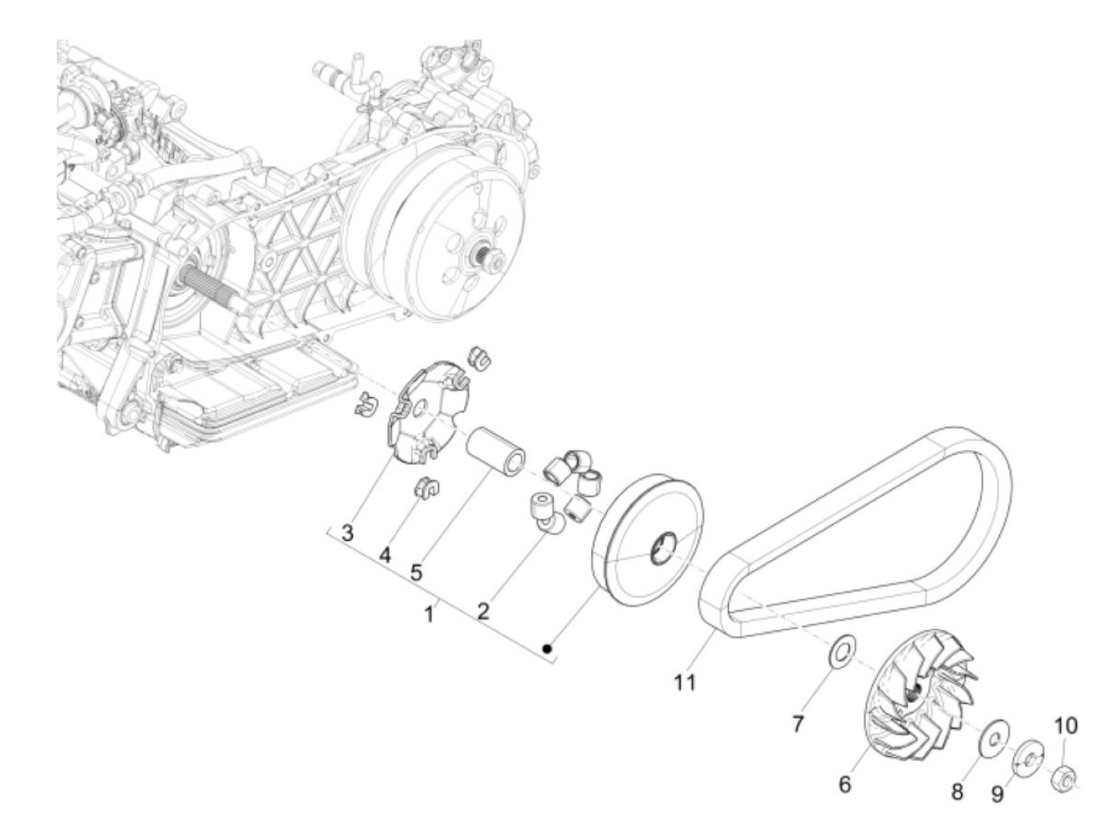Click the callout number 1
tap(429, 613)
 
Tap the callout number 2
tap(482, 609)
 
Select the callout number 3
tap(347, 532)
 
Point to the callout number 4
tap(384, 555)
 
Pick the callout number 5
tap(415, 573)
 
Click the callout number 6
tap(845, 784)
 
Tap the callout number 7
tap(798, 723)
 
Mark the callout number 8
tap(957, 790)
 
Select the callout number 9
tap(997, 794)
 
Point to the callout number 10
tap(1065, 725)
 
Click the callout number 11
tap(685, 682)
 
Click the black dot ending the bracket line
tap(547, 649)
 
